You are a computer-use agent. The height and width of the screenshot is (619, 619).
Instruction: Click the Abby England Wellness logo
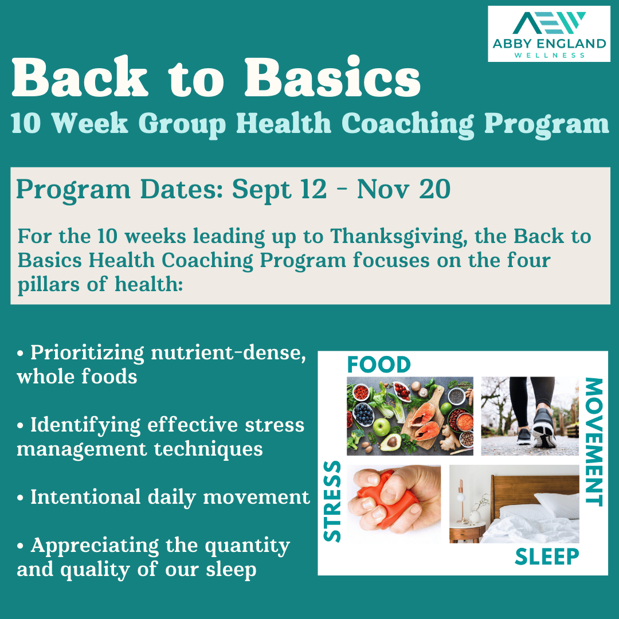(549, 33)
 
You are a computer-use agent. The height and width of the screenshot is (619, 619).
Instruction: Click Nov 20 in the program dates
(403, 190)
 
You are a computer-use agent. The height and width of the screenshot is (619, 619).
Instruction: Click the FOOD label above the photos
(379, 365)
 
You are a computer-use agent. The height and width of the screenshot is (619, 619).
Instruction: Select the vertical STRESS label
(332, 501)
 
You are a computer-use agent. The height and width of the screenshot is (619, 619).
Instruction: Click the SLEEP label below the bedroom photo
(547, 556)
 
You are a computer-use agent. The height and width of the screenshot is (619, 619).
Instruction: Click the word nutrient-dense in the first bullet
(228, 353)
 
